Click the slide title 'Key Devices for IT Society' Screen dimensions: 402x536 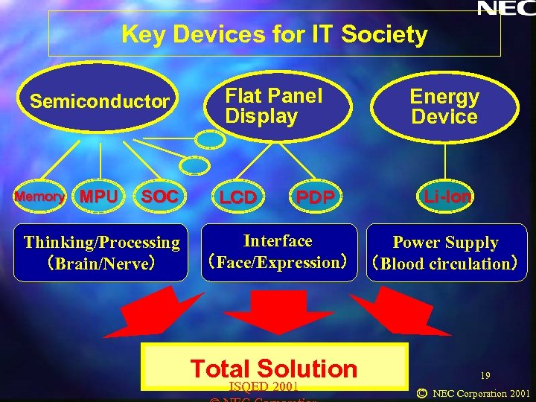pyautogui.click(x=274, y=34)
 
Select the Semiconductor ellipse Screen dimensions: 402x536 pyautogui.click(x=100, y=102)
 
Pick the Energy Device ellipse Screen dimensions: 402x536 pyautogui.click(x=444, y=106)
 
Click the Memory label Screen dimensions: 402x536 pyautogui.click(x=39, y=197)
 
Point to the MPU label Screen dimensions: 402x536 pyautogui.click(x=98, y=197)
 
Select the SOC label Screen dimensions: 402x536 pyautogui.click(x=159, y=197)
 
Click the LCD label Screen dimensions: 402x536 pyautogui.click(x=237, y=197)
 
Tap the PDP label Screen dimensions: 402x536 pyautogui.click(x=315, y=197)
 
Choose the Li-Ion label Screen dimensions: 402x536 pyautogui.click(x=447, y=197)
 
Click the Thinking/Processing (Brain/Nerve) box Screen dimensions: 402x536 pyautogui.click(x=101, y=252)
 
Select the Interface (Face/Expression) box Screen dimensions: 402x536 pyautogui.click(x=278, y=252)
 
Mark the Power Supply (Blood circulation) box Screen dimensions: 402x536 pyautogui.click(x=445, y=253)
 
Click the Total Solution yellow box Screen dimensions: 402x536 pyautogui.click(x=274, y=367)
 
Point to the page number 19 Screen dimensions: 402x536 pyautogui.click(x=485, y=377)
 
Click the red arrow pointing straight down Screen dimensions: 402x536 pyautogui.click(x=273, y=313)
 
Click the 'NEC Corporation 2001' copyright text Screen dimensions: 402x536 pyautogui.click(x=481, y=393)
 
